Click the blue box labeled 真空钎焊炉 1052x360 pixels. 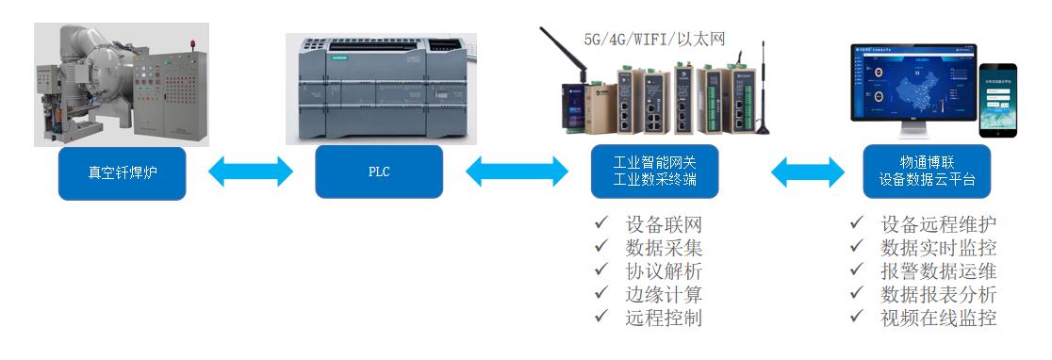pos(122,172)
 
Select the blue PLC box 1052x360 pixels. pos(378,172)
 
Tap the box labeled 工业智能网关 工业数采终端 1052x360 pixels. pos(654,172)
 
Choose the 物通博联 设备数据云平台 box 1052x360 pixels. pos(927,172)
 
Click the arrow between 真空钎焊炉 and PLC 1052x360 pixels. pos(250,172)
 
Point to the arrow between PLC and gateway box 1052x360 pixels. pos(517,172)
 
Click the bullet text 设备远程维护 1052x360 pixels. pos(938,225)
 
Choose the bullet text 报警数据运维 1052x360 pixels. pos(938,271)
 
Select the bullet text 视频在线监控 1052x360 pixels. pos(938,318)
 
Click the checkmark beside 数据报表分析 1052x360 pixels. pos(856,294)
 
